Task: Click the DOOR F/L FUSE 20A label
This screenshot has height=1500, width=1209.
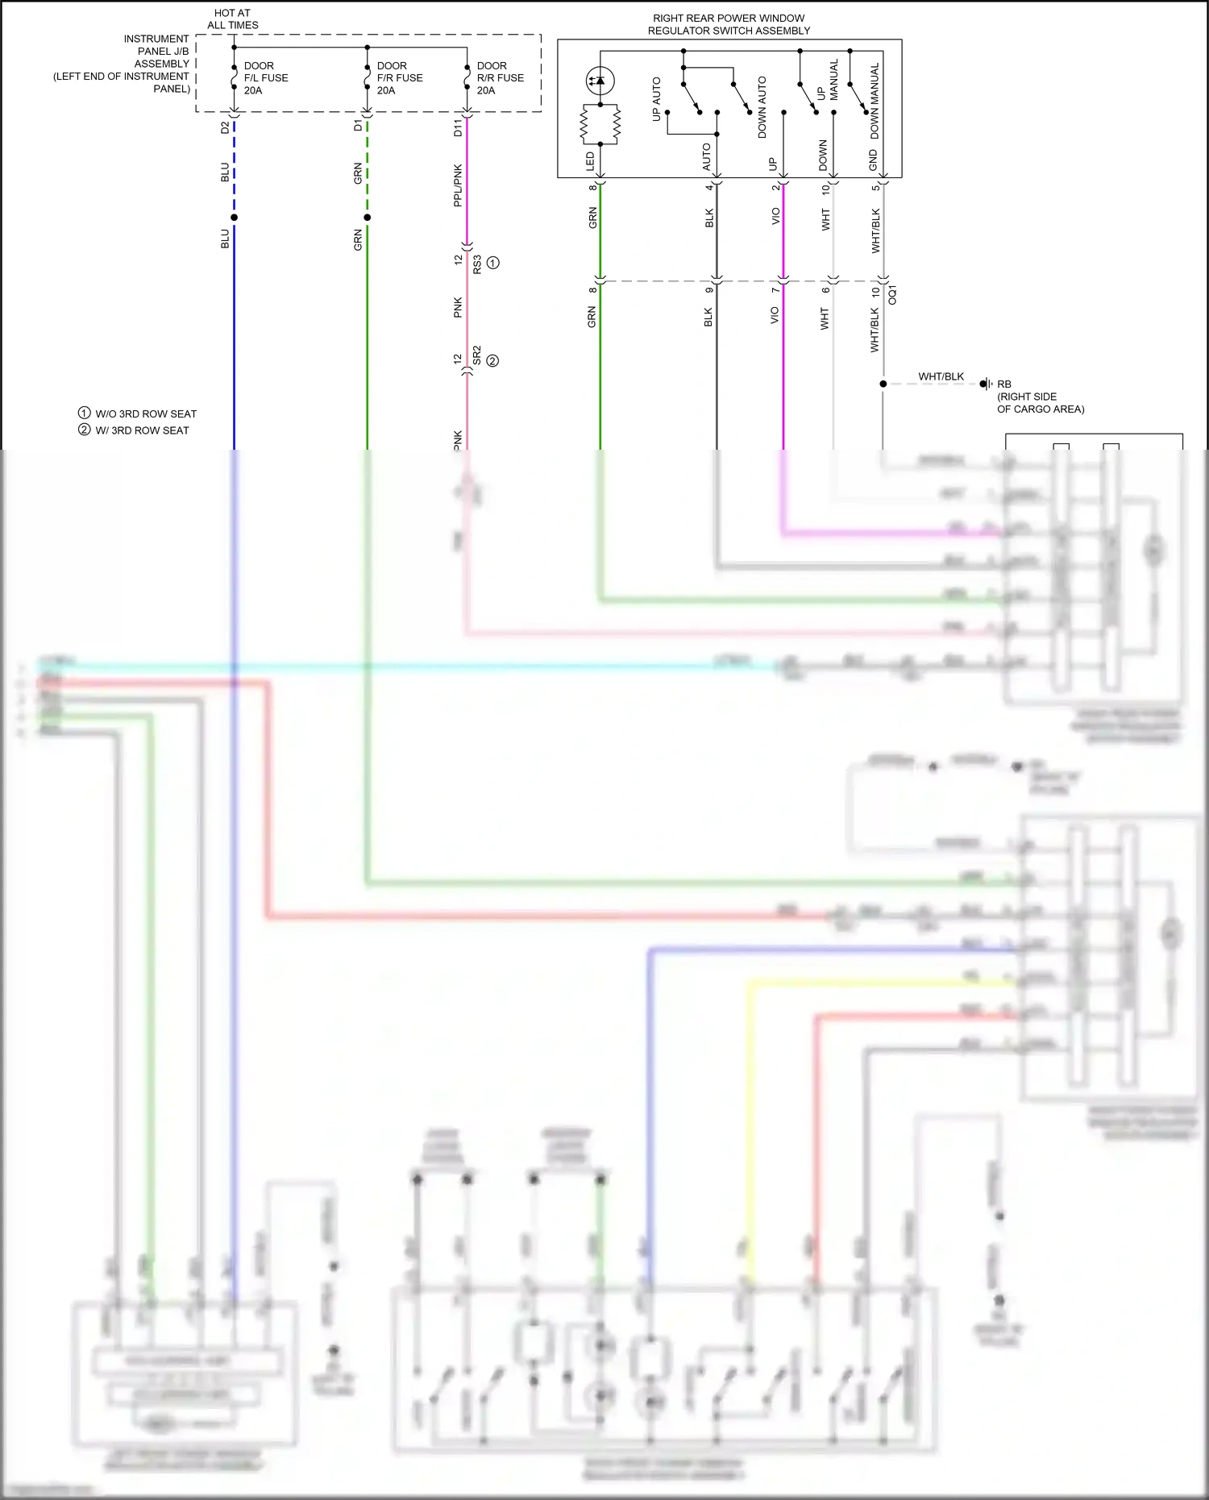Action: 265,78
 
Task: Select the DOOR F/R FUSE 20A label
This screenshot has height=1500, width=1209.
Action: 399,78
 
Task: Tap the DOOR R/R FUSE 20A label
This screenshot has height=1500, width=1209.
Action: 500,78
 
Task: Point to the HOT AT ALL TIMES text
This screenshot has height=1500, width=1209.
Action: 233,19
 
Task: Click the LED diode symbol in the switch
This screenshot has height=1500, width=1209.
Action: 600,81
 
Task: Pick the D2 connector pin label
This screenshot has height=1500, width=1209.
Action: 225,127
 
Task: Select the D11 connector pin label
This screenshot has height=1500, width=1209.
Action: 458,127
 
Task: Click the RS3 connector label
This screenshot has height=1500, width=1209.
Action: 477,264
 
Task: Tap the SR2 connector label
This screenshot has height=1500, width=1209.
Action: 477,355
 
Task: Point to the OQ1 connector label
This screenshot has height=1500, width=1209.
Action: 892,294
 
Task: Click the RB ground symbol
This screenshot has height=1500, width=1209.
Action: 986,384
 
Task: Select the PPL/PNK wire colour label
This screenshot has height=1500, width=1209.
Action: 458,185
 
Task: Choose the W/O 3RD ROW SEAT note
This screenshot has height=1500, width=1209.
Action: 138,413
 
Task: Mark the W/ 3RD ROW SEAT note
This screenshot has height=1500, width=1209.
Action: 135,430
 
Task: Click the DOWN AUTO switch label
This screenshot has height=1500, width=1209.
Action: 762,107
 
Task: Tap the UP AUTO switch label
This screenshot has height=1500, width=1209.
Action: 656,99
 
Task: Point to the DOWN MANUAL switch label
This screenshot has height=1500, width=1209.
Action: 875,101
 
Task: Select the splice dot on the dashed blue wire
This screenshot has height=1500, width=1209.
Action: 235,218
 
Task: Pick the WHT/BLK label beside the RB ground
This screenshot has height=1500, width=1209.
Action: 941,376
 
